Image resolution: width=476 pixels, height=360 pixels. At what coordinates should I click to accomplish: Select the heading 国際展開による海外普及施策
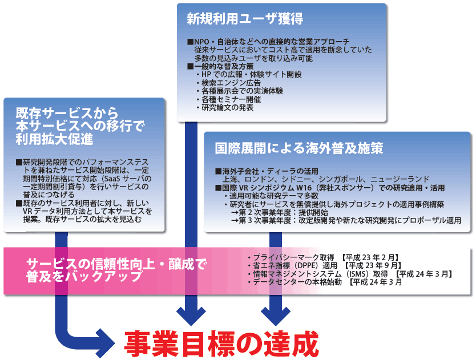pyautogui.click(x=298, y=148)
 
